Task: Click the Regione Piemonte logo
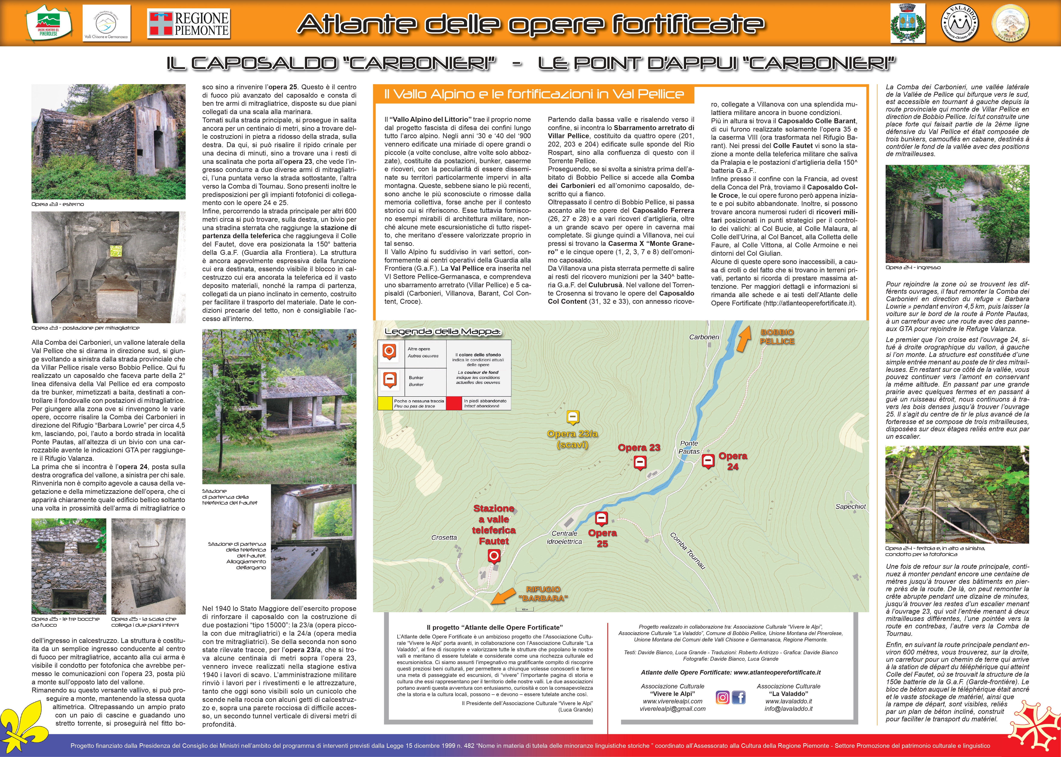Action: click(188, 24)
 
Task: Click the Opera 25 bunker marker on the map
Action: click(601, 518)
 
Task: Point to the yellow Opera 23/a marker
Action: click(573, 417)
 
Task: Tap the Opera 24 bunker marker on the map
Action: click(708, 461)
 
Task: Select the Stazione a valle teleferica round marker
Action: click(494, 556)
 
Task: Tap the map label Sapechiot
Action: click(850, 507)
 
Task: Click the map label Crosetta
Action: click(444, 537)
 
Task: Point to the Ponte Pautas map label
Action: click(689, 447)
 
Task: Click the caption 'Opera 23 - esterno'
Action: click(58, 204)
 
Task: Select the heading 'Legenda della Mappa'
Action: click(442, 332)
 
